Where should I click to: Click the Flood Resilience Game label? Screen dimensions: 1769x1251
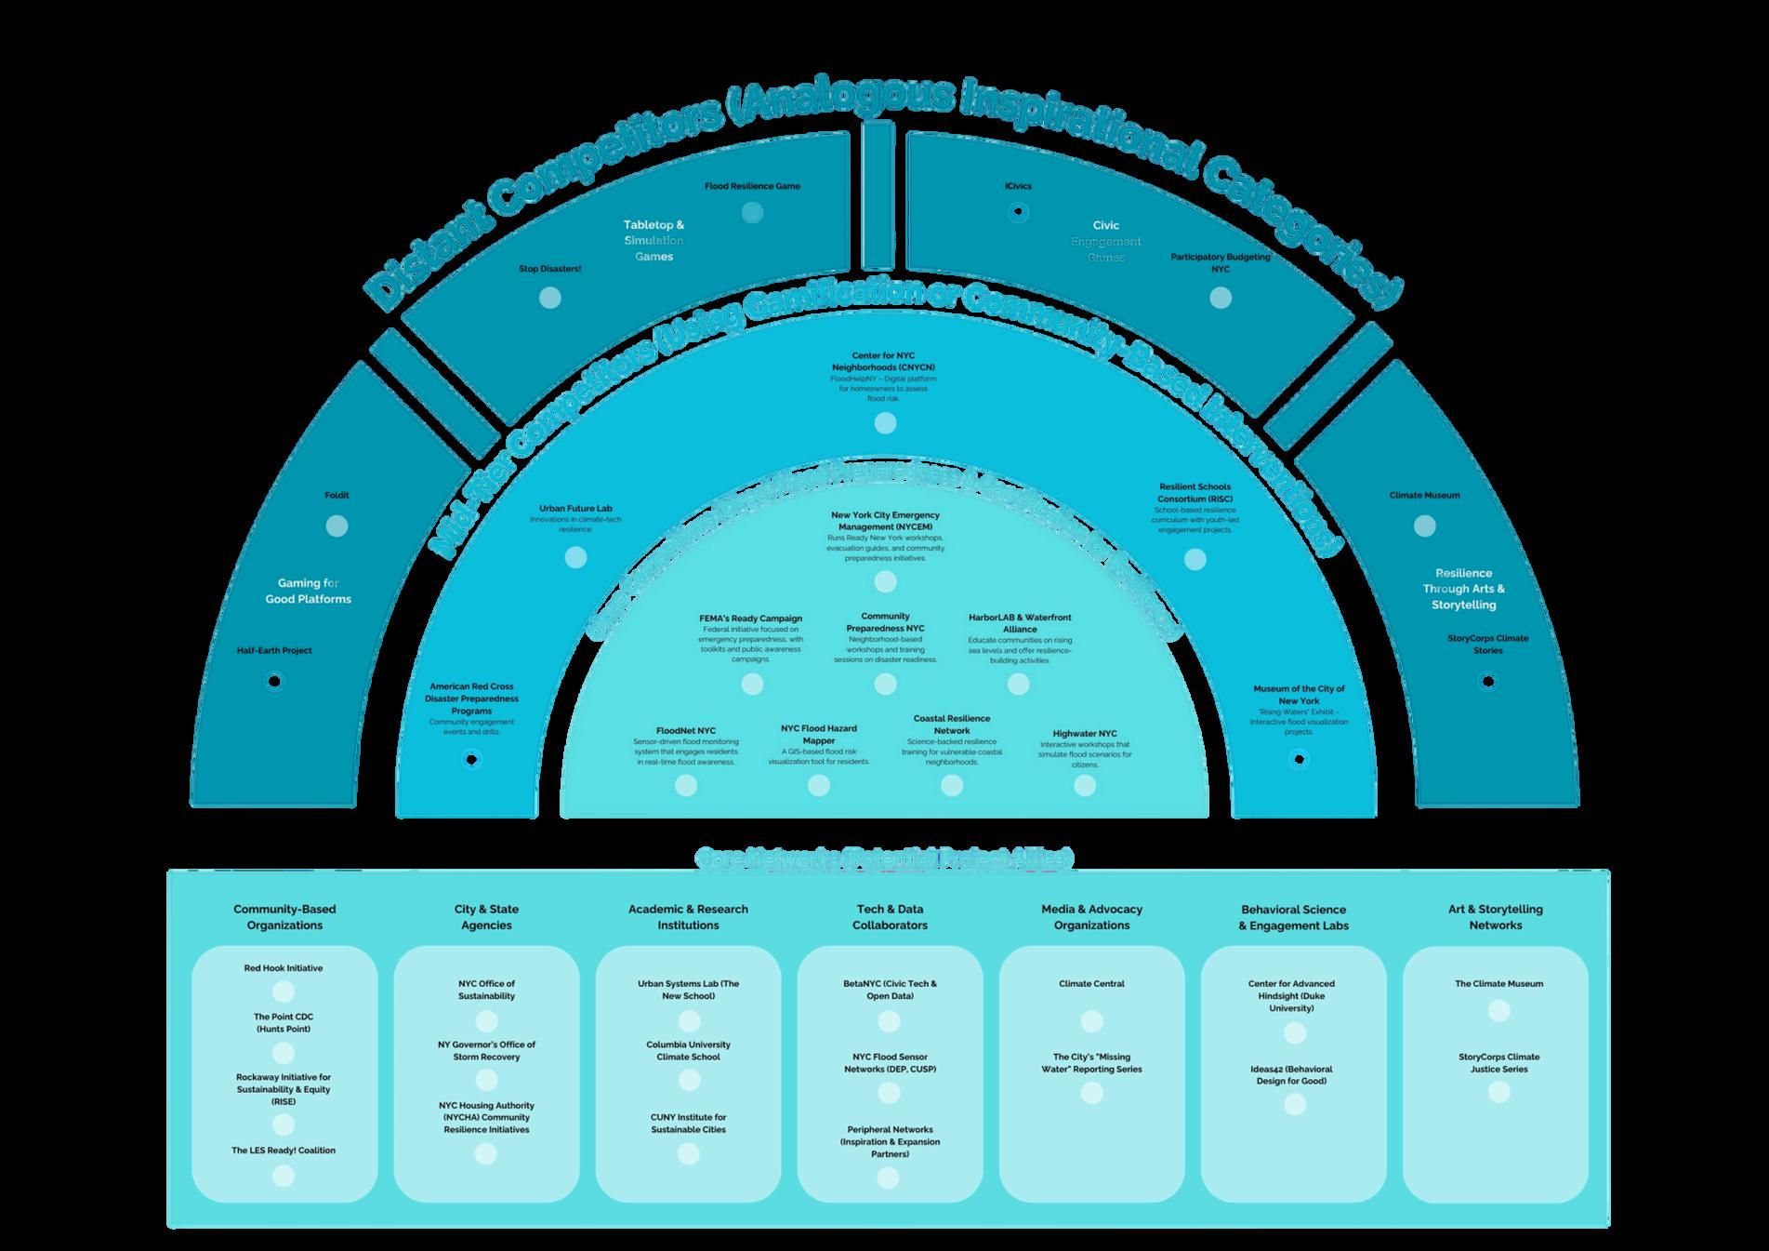click(752, 186)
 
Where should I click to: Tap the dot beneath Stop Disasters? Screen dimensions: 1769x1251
click(550, 298)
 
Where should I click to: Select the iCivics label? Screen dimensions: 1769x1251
click(1018, 186)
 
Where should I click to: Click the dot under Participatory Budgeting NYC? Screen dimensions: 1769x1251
click(1221, 298)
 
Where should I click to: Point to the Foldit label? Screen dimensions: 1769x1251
click(337, 496)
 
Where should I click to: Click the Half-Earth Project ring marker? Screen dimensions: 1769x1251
click(274, 682)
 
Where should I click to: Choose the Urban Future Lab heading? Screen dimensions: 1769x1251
click(575, 509)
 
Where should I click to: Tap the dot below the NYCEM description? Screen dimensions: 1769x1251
click(885, 582)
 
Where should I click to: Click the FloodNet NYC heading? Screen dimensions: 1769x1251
click(686, 731)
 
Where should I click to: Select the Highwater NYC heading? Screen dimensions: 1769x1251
click(1085, 734)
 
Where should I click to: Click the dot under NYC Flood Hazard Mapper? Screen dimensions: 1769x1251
click(819, 786)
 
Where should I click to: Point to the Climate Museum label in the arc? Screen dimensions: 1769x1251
click(1424, 496)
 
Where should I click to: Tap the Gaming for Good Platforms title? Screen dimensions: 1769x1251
click(308, 592)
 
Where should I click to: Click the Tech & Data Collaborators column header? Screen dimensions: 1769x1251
click(890, 917)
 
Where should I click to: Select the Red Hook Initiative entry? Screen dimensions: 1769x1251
click(284, 968)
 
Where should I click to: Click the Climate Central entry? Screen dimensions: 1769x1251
click(1091, 984)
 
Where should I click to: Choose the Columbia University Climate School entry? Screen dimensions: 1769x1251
click(688, 1051)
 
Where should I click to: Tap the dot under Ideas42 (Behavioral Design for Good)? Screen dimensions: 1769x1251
click(1294, 1105)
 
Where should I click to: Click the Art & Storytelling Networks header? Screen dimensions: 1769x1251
click(1495, 917)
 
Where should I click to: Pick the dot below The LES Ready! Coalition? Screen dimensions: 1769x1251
click(284, 1177)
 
